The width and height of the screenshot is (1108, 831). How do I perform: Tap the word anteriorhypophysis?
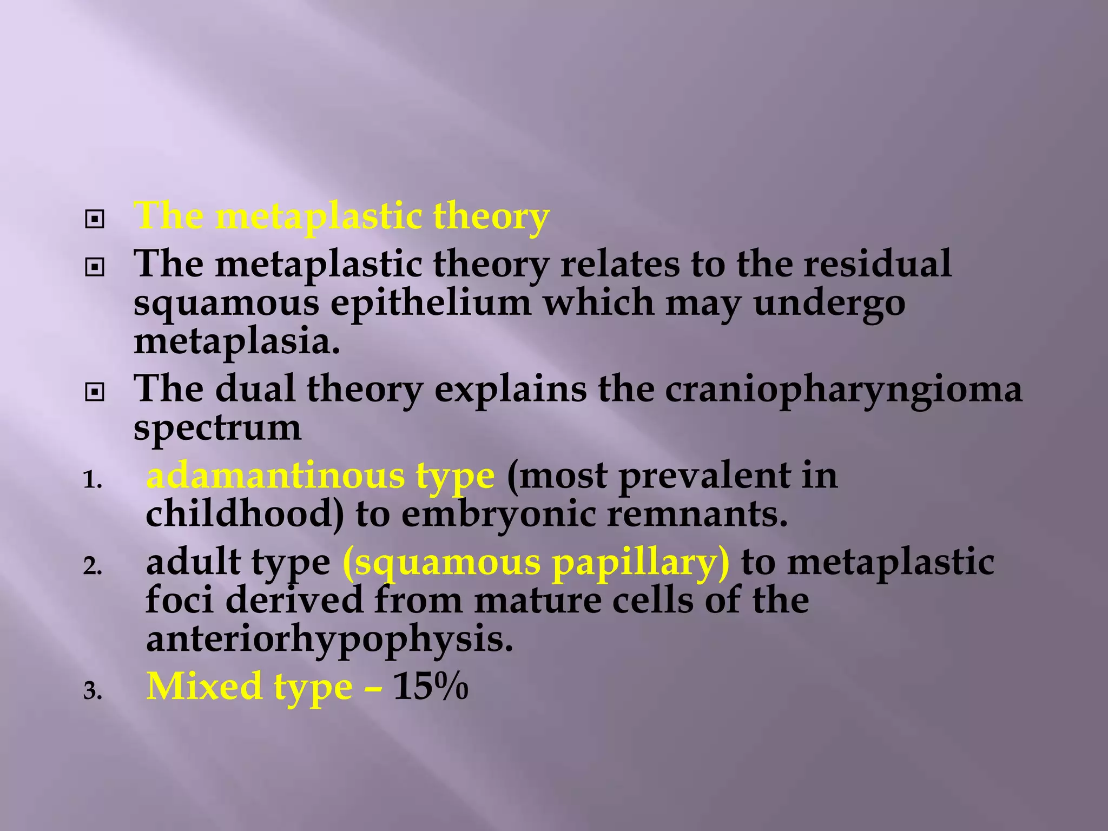(329, 639)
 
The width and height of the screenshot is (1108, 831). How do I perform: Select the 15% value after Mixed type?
(430, 687)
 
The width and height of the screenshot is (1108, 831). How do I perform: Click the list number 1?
(92, 480)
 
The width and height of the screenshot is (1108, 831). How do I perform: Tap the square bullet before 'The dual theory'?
(95, 392)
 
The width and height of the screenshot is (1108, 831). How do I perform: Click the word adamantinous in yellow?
(275, 476)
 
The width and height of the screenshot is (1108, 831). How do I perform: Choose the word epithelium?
(431, 304)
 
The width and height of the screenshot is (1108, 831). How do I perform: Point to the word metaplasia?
(237, 342)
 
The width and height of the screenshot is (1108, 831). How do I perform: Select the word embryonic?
(498, 514)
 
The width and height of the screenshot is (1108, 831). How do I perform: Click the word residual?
(876, 264)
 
